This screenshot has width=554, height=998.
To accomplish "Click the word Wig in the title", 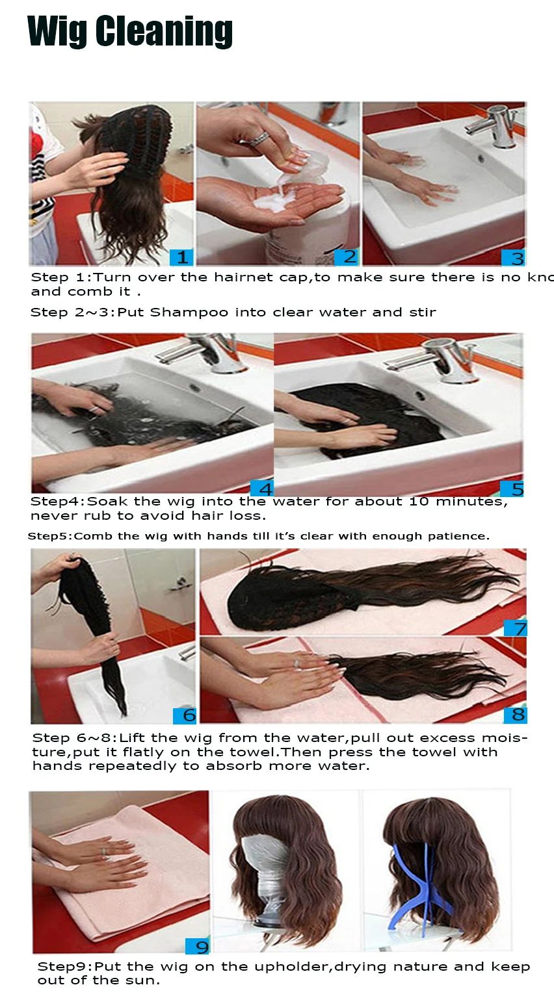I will pos(57,32).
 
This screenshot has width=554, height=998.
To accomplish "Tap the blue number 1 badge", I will pos(182,257).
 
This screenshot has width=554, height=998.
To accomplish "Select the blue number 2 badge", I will pos(348,257).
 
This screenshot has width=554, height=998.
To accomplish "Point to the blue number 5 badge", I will pos(512,489).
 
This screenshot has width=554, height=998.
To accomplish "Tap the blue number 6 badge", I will pos(185,715).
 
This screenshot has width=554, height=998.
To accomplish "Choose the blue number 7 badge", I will pos(516,628).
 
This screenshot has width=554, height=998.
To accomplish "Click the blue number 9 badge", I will pos(198,947).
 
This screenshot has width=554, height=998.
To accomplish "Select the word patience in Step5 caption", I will pos(460,537).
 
